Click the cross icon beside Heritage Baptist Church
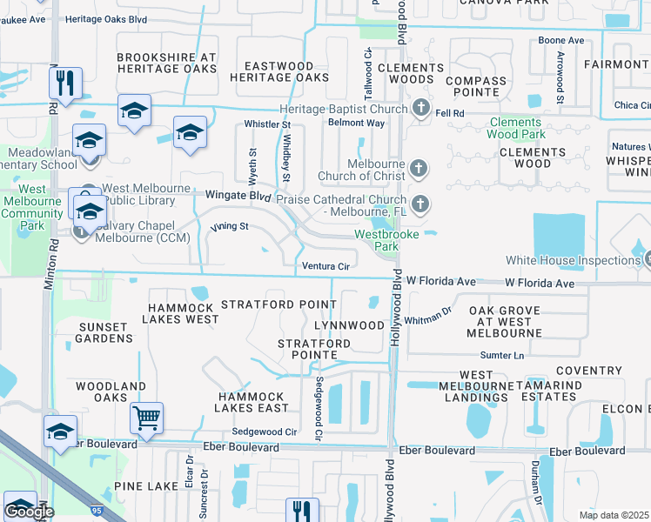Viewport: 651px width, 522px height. click(x=420, y=109)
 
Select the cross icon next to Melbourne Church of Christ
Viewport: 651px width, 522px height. click(x=419, y=168)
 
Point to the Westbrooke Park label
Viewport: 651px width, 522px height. click(x=386, y=240)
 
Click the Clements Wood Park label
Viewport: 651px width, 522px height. click(x=517, y=129)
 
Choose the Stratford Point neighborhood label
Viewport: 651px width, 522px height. click(x=279, y=304)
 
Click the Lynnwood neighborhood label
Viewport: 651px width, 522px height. click(x=349, y=325)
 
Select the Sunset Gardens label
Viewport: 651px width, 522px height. click(x=106, y=332)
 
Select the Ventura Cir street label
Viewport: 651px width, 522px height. click(x=325, y=266)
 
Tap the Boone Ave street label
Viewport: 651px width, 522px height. click(x=561, y=41)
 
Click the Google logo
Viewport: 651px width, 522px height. click(x=29, y=512)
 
